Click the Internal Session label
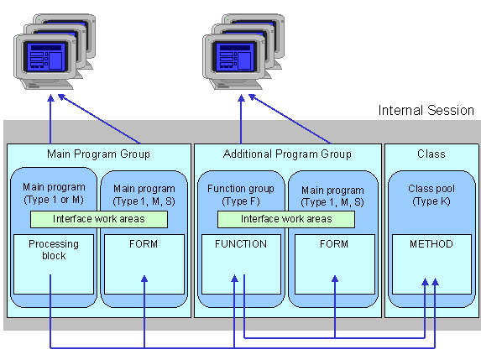click(x=426, y=110)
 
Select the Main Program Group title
click(x=98, y=154)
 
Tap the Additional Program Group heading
click(x=287, y=154)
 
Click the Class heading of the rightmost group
click(x=431, y=154)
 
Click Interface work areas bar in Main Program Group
click(x=98, y=219)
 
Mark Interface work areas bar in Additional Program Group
click(x=287, y=219)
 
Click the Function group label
click(x=241, y=189)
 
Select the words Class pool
click(x=431, y=189)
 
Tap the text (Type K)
click(x=431, y=201)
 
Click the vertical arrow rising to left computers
click(x=50, y=117)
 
